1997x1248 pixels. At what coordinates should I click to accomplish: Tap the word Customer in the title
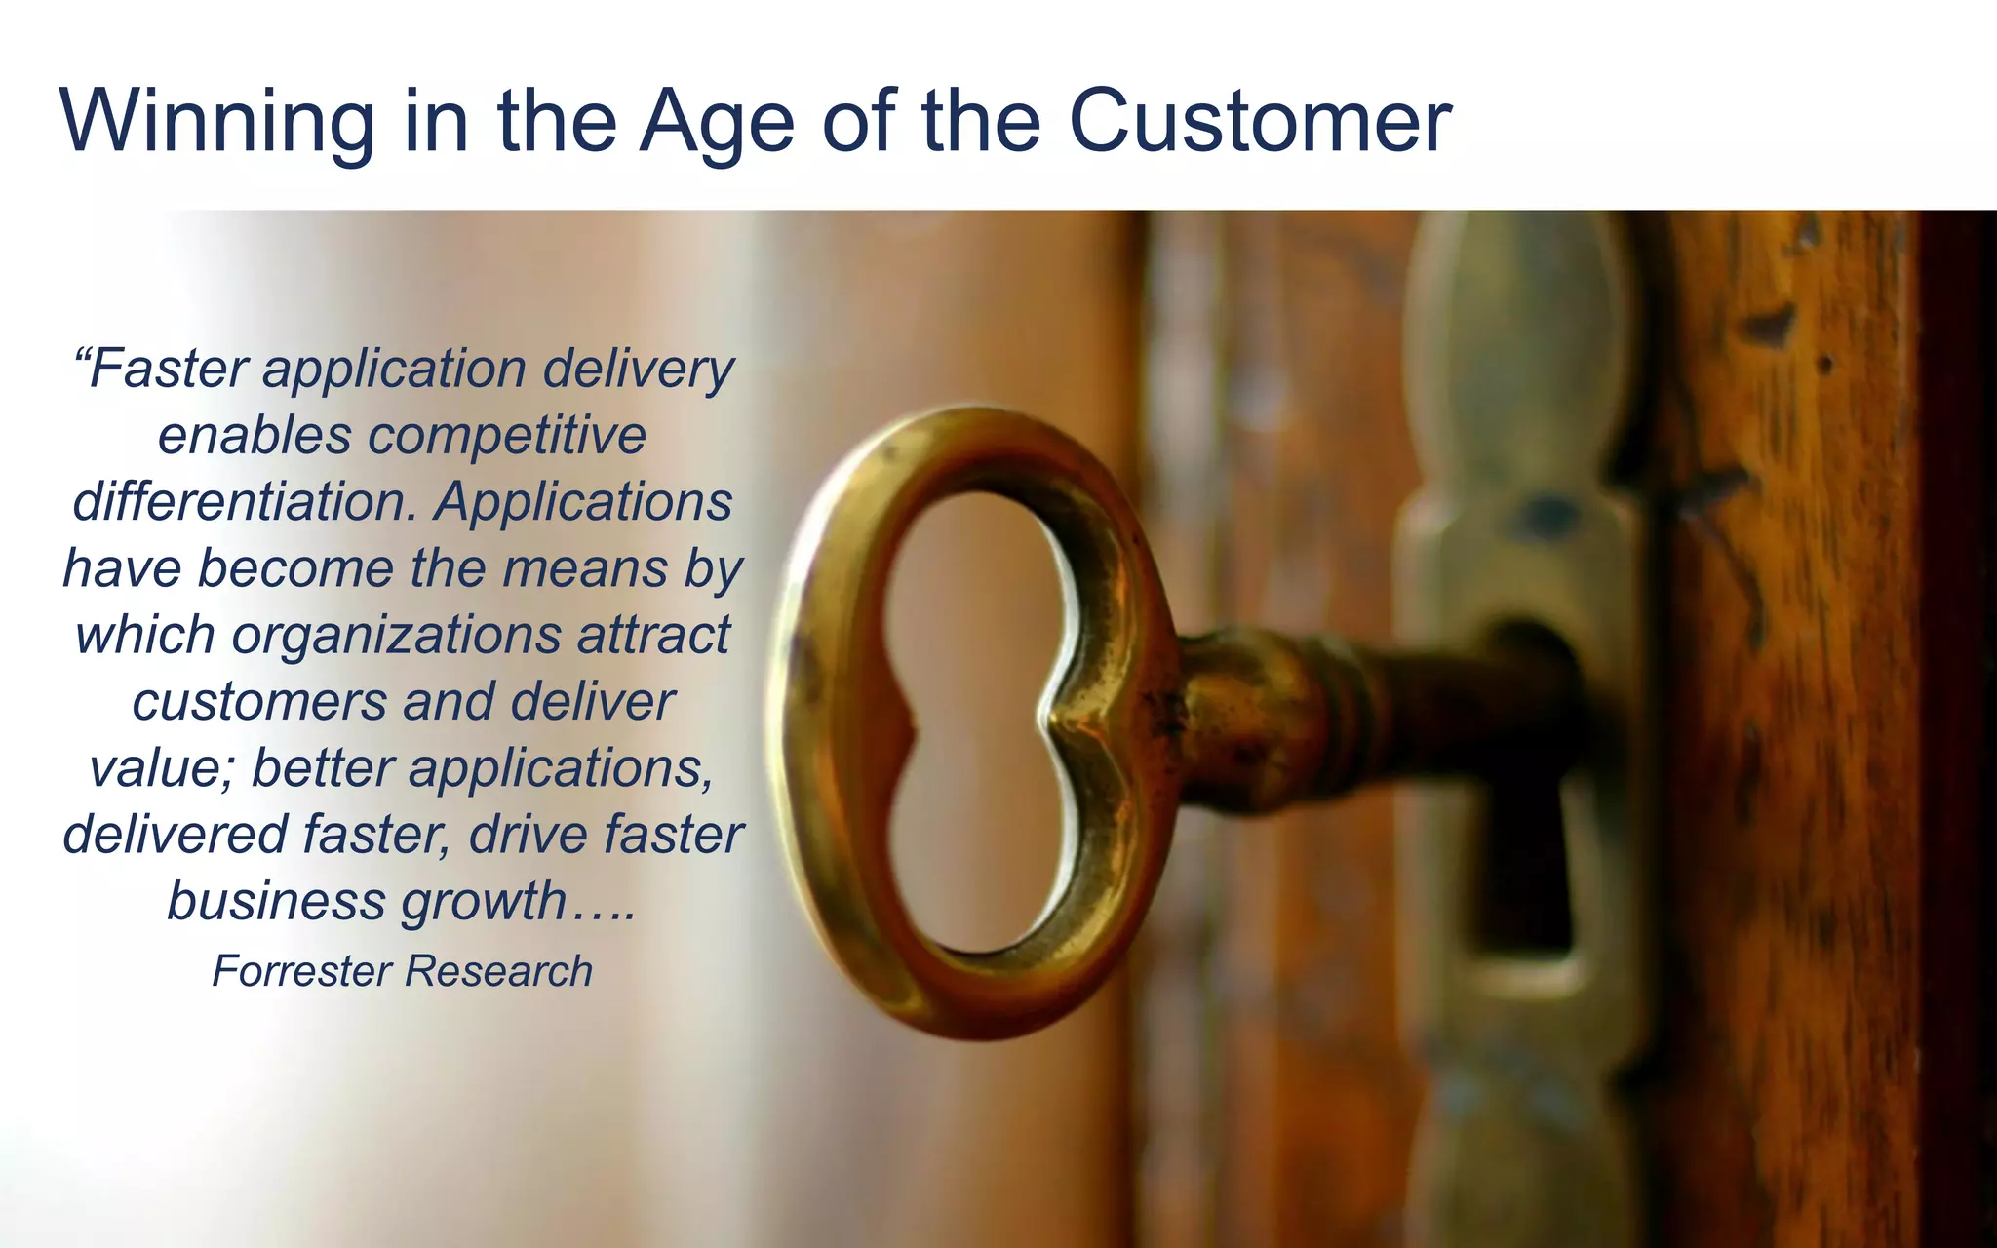[1260, 122]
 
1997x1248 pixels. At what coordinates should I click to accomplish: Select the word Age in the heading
[717, 122]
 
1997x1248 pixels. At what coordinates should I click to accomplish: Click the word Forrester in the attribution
[302, 971]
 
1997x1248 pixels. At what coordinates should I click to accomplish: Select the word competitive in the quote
[507, 436]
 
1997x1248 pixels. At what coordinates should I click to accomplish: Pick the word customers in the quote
[259, 702]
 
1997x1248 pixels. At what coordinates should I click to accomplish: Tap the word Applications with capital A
[583, 502]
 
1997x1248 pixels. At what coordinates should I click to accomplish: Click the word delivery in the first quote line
[638, 370]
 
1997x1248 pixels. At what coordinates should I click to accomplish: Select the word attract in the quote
[653, 636]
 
